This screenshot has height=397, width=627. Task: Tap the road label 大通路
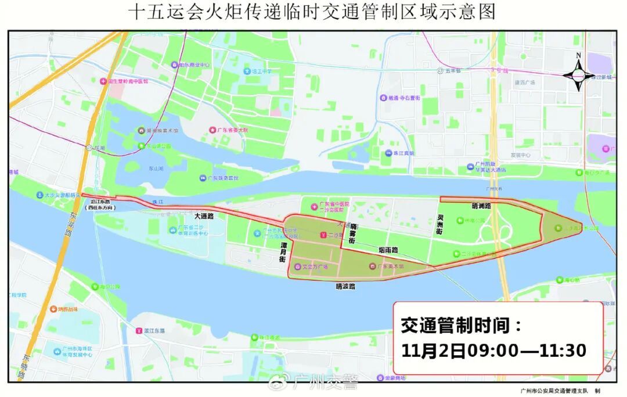tap(204, 216)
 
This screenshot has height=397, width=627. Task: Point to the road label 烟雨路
tap(388, 250)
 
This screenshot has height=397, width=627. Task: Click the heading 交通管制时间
tap(461, 326)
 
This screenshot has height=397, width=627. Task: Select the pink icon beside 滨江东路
tap(138, 331)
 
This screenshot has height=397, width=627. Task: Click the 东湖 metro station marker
tap(89, 148)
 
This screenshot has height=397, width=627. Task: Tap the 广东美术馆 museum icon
tap(373, 267)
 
